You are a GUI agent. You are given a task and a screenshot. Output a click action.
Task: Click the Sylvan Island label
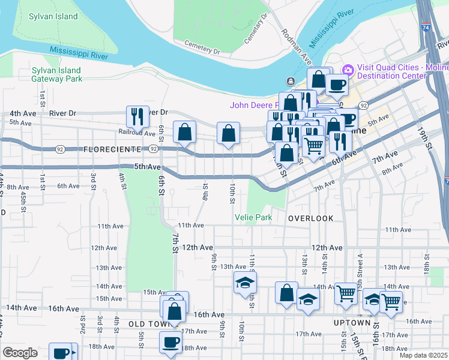(x=53, y=16)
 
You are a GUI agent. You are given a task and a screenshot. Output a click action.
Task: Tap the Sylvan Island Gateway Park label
(x=57, y=74)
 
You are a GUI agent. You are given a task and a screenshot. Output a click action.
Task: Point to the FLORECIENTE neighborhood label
(x=112, y=149)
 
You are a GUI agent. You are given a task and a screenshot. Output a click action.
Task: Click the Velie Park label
(x=253, y=217)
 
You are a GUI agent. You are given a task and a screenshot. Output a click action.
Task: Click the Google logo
(x=20, y=353)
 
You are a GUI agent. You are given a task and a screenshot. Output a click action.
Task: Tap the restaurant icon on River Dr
(x=136, y=115)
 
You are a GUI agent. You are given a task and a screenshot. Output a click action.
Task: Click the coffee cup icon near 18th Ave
(x=170, y=341)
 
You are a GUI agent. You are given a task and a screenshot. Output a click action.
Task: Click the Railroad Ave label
(x=137, y=133)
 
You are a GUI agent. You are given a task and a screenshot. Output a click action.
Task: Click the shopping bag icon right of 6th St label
(x=185, y=132)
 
